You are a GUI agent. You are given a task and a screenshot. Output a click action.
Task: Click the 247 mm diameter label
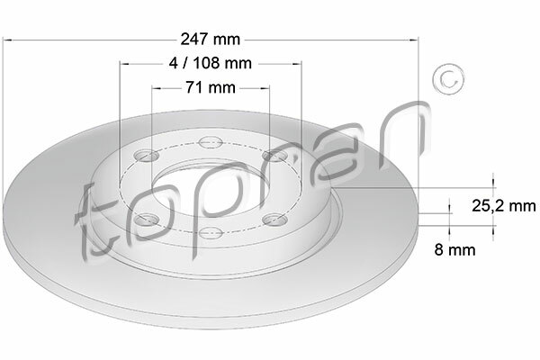pos(211,40)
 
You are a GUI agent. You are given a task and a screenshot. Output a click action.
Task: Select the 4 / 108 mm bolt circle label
pos(211,63)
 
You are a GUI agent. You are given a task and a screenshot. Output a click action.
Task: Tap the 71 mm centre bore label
pos(211,87)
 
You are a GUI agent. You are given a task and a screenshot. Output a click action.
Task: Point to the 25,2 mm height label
pos(503,206)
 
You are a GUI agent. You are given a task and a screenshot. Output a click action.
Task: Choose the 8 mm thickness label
pos(454,249)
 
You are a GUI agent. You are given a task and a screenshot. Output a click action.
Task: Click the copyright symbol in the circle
pos(448,79)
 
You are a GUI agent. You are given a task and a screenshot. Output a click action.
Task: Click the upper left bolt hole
pos(147,156)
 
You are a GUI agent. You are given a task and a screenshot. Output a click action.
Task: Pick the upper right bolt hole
pos(274,156)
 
